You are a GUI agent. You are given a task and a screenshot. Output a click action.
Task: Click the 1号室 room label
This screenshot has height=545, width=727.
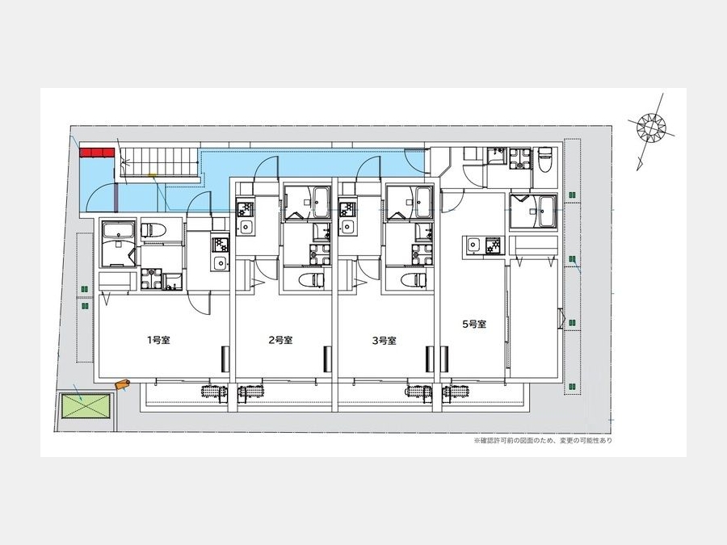(158, 341)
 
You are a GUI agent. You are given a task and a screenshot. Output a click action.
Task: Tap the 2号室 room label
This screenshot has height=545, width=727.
(281, 341)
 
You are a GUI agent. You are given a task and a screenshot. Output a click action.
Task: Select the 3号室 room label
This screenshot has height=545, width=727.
(385, 341)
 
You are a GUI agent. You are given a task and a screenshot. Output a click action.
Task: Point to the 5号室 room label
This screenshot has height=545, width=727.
(474, 325)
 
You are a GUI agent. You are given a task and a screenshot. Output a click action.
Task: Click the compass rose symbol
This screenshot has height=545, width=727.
(651, 127)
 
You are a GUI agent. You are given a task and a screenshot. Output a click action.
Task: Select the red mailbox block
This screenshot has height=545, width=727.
(97, 152)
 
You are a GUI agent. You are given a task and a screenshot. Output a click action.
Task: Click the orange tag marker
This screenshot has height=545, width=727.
(123, 384)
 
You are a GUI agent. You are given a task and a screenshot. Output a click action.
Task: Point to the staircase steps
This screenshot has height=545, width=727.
(161, 162)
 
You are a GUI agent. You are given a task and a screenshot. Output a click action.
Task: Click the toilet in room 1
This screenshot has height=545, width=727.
(153, 229)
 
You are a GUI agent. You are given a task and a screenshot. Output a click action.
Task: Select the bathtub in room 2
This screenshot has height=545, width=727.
(320, 202)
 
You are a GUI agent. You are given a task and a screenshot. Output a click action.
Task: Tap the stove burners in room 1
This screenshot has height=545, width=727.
(221, 244)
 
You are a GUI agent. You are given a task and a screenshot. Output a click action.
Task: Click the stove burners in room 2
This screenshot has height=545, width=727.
(244, 209)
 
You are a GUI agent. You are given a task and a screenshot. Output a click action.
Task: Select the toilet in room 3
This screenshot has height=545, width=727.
(414, 279)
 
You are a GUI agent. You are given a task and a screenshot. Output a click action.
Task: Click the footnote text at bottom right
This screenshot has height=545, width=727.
(543, 440)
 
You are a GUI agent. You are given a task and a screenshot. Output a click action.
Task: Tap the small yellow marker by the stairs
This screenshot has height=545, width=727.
(152, 175)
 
